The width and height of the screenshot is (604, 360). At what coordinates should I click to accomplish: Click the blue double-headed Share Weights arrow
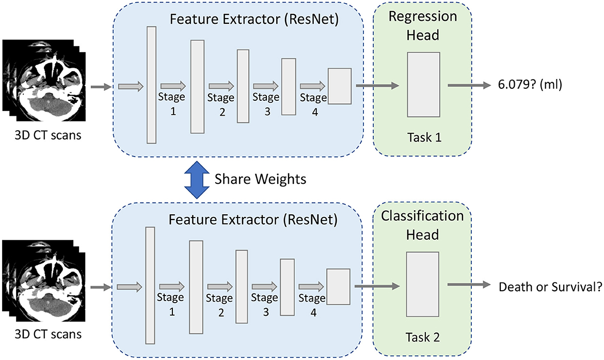197,180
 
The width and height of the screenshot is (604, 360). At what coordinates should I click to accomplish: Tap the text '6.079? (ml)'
530,84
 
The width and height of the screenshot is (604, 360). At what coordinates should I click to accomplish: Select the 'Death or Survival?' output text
550,287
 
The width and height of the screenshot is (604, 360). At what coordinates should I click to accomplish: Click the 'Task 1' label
424,137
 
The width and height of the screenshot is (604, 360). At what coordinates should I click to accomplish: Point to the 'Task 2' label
423,337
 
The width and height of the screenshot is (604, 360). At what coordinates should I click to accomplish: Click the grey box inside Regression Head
423,84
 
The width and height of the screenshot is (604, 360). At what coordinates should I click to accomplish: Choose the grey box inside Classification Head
423,285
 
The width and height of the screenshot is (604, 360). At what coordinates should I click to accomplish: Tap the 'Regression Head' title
423,25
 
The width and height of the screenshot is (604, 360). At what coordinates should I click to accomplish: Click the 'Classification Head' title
422,225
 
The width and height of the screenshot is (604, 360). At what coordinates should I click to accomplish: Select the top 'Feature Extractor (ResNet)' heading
254,19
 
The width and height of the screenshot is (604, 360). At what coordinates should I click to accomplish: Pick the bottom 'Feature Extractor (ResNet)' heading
253,220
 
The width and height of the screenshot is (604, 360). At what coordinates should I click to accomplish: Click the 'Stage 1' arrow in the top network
173,86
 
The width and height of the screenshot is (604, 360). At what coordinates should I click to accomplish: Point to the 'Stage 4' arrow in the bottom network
311,286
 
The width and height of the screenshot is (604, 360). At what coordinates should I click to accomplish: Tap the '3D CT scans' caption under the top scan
48,135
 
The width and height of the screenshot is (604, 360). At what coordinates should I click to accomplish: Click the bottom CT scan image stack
43,281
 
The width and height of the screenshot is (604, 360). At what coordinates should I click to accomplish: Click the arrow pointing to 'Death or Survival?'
469,285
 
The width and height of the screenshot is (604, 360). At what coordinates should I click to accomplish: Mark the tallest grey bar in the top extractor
151,85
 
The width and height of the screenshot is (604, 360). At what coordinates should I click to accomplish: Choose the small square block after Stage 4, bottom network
338,287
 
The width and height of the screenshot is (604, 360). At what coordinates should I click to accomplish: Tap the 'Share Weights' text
260,179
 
